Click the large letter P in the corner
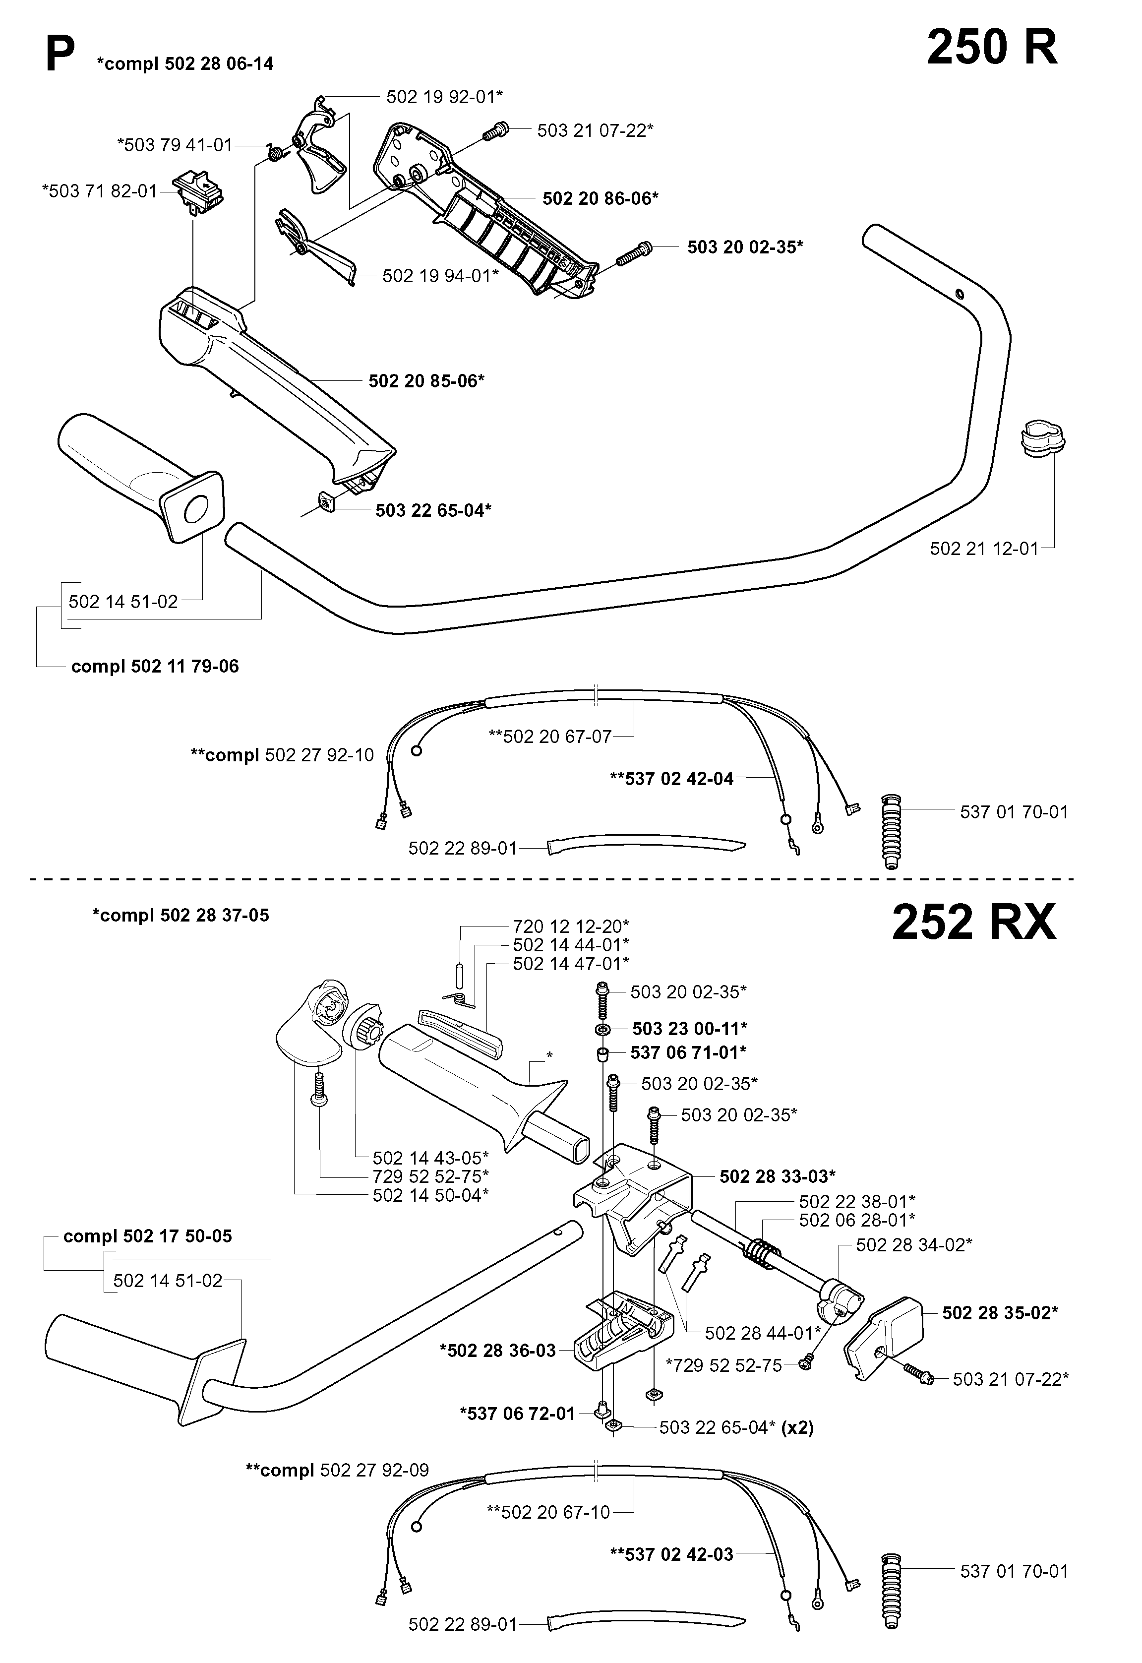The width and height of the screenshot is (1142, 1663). pyautogui.click(x=60, y=56)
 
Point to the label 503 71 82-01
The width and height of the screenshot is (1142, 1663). pyautogui.click(x=100, y=191)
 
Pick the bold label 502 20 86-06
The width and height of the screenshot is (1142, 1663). pyautogui.click(x=601, y=198)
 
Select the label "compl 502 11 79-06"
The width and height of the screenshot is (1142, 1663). pyautogui.click(x=155, y=666)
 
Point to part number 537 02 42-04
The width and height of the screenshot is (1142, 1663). pyautogui.click(x=672, y=779)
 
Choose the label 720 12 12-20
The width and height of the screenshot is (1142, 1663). pyautogui.click(x=571, y=926)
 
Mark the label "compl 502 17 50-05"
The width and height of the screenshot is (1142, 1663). pyautogui.click(x=147, y=1236)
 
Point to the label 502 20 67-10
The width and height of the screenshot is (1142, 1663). pyautogui.click(x=549, y=1512)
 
